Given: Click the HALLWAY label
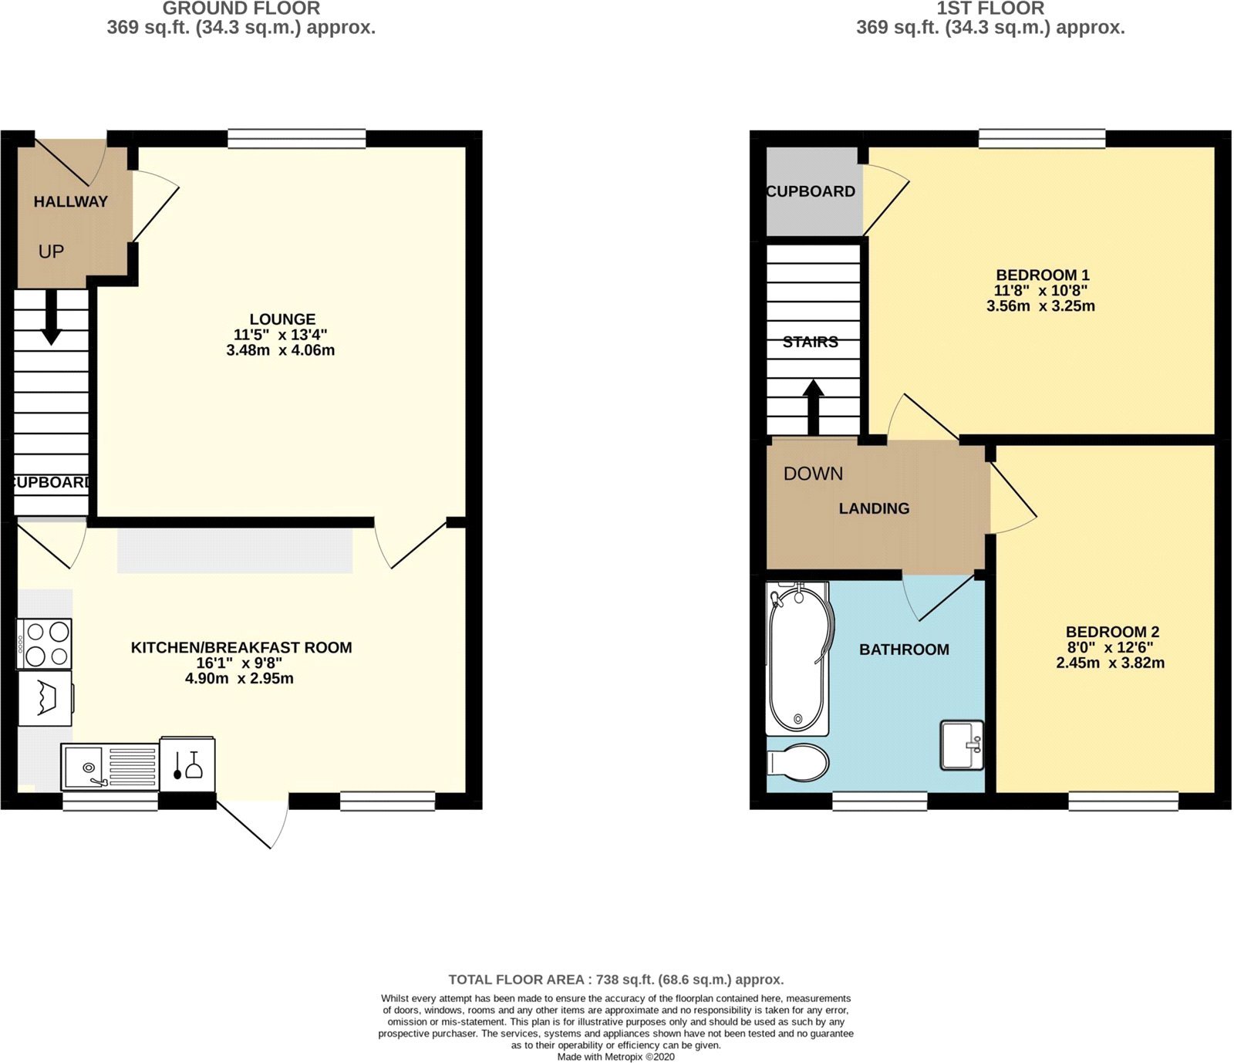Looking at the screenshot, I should click(70, 201).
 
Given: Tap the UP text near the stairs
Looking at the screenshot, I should click(51, 251).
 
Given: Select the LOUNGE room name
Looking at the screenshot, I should click(282, 319).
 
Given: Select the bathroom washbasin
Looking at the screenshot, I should click(962, 744).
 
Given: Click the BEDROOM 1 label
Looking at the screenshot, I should click(1042, 275).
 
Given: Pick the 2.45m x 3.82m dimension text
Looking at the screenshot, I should click(1110, 663).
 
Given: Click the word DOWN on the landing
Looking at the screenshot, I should click(813, 474).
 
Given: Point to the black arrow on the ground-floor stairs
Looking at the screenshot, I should click(51, 317).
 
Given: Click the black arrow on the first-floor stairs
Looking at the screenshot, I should click(813, 407).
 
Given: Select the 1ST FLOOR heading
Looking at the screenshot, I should click(990, 8).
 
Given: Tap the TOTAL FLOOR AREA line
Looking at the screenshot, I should click(615, 980).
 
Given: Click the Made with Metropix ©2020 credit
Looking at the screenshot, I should click(615, 1057).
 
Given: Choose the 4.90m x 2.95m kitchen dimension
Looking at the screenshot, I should click(239, 679).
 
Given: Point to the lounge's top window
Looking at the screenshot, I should click(297, 139).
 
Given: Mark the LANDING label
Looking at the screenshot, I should click(874, 508).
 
